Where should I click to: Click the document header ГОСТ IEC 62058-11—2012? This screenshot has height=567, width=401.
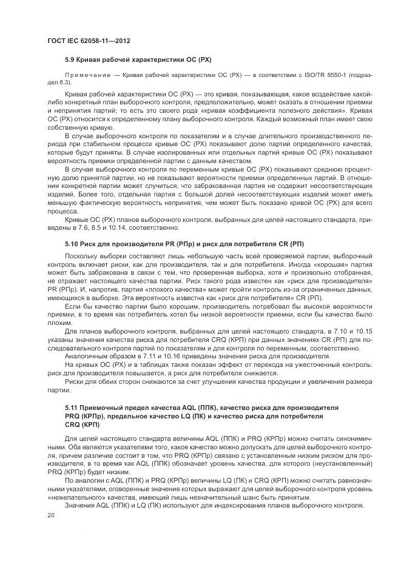89,41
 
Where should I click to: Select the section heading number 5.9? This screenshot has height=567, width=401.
70,61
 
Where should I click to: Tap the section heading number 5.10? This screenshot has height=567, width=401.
73,244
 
